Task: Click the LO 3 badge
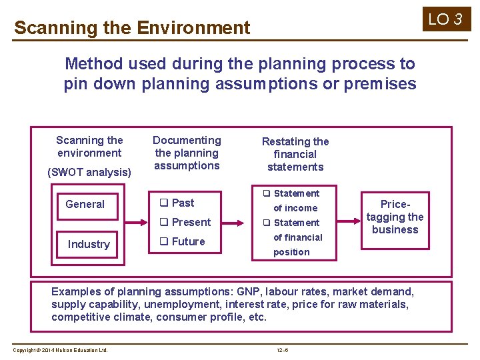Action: tap(445, 19)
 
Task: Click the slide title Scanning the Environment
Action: tap(132, 28)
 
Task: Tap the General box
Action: tap(85, 204)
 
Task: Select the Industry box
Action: tap(88, 244)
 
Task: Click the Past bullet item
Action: tap(177, 203)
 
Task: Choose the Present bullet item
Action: tap(185, 222)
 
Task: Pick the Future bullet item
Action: tap(182, 241)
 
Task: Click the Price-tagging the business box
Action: tap(395, 217)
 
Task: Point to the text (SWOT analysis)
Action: tap(89, 172)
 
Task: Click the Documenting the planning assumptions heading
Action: tap(187, 153)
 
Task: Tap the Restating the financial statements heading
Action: tap(295, 154)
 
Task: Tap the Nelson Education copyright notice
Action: tap(60, 351)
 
